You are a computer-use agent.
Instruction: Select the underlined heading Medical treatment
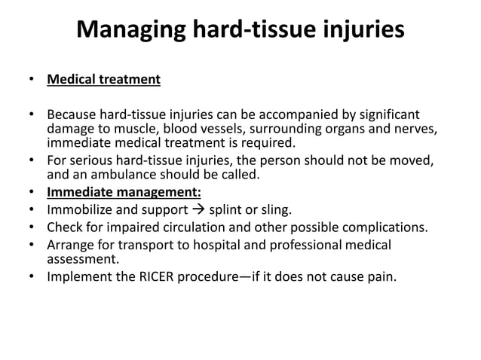point(103,79)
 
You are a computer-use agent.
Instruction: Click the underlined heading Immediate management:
point(124,191)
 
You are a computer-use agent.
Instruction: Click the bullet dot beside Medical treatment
point(31,79)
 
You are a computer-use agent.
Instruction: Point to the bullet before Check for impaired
point(31,227)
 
